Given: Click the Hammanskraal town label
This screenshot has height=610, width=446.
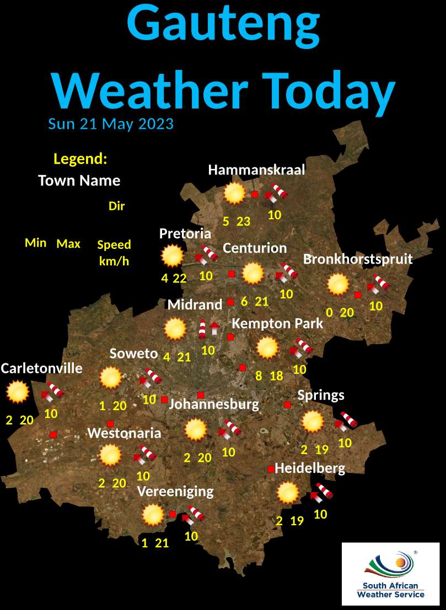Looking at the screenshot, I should coord(256,170).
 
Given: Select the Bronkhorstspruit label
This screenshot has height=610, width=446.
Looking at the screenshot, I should coord(358,259).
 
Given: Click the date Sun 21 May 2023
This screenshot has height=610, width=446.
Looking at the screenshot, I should coord(111,123).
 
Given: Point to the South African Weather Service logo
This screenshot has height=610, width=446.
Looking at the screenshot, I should coord(391,574).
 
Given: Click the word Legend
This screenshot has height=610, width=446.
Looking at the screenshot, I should coord(80,159).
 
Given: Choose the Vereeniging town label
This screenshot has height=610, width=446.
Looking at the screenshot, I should coord(175,491).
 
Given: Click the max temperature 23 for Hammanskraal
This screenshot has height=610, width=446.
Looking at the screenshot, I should coord(244,222).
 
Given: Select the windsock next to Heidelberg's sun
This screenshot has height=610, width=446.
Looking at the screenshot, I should coord(323,491).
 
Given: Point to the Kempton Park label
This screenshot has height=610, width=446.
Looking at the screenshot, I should coord(277,324).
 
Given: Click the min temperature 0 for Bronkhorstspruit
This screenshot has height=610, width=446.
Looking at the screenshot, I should coord(329,313).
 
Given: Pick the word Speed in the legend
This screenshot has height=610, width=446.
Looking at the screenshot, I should coord(114,245).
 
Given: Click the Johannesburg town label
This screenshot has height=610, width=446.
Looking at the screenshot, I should coord(213,405).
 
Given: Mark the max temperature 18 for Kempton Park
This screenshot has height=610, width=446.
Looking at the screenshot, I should coord(276,377).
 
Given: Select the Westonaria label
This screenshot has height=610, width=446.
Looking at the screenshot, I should coord(125,433).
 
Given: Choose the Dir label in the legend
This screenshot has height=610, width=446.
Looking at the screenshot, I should coord(116,206).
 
